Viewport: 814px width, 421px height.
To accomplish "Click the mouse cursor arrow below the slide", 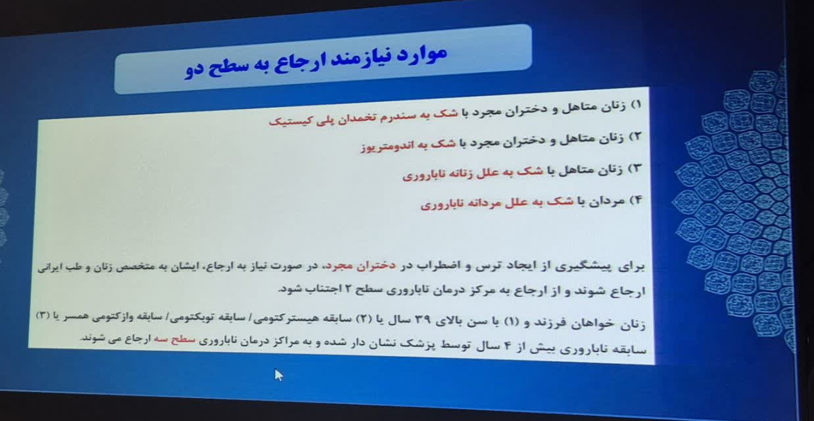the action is click(279, 375).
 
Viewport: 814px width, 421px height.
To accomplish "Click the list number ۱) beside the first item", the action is click(636, 105).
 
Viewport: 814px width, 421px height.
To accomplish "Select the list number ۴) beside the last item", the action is click(636, 200).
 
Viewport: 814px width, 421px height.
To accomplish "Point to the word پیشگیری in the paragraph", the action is click(588, 267).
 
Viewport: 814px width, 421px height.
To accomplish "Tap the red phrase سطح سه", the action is click(174, 340).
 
